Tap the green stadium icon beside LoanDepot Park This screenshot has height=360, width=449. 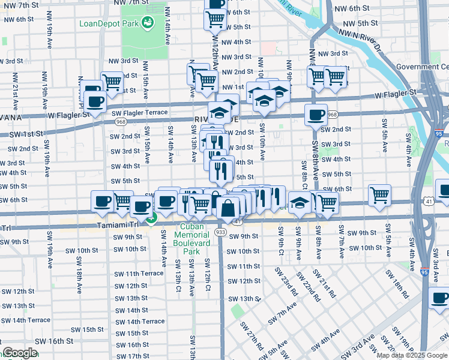146,23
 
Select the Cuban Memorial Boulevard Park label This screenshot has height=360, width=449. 191,239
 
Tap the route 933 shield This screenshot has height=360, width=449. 220,232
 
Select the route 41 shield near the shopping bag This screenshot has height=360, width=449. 238,222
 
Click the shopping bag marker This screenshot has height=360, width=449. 228,209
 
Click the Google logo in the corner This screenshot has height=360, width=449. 20,353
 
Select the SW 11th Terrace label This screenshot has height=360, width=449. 139,273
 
